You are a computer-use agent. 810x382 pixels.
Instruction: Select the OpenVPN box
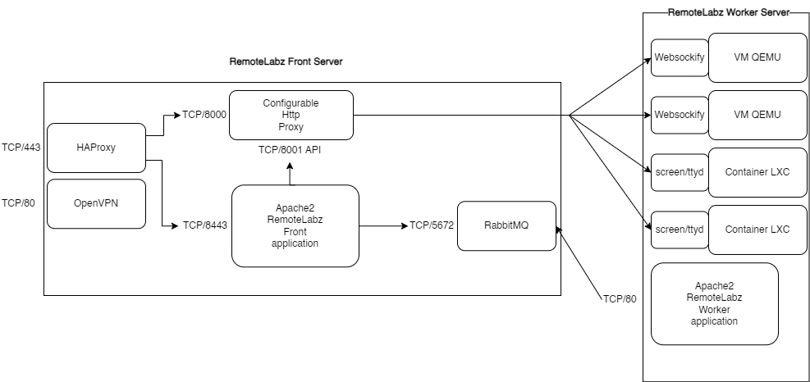click(x=96, y=202)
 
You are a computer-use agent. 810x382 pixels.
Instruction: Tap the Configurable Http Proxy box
click(x=291, y=116)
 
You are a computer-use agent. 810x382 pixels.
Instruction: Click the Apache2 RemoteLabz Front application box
click(x=295, y=225)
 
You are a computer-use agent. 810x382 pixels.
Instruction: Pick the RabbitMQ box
click(x=506, y=225)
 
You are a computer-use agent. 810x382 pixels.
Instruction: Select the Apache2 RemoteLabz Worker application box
click(x=714, y=303)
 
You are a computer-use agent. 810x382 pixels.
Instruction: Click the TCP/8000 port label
click(x=204, y=116)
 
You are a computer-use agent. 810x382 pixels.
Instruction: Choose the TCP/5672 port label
click(x=432, y=225)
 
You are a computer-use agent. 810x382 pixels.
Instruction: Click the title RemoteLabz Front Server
click(x=286, y=61)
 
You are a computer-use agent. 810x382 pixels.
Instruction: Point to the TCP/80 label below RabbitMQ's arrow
click(x=620, y=298)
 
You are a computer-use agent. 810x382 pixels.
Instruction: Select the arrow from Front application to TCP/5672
click(x=382, y=225)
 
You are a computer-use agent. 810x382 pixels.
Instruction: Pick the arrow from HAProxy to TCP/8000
click(x=164, y=123)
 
